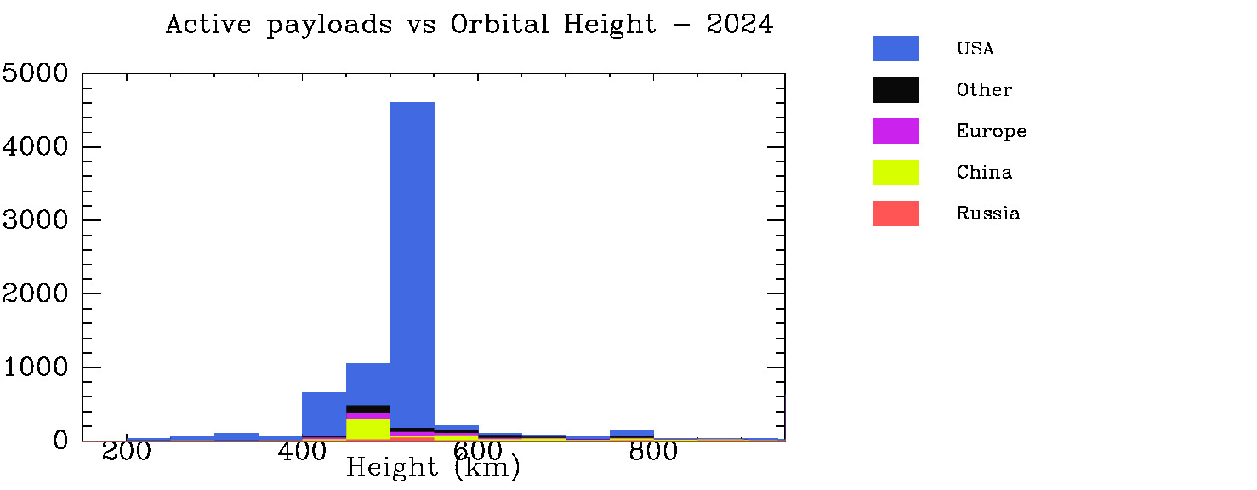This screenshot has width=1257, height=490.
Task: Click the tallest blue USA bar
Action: [412, 255]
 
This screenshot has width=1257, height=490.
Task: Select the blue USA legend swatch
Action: [896, 48]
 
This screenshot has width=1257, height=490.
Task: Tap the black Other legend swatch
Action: [896, 90]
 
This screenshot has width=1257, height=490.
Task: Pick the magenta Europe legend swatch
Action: [896, 131]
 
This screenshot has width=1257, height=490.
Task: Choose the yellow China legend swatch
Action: [896, 172]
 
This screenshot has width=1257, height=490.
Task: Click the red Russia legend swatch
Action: [896, 214]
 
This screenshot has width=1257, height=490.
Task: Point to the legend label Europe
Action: [991, 131]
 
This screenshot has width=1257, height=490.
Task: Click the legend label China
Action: [984, 173]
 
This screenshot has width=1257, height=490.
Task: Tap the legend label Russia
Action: [987, 214]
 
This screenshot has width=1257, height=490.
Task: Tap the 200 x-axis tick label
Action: [127, 452]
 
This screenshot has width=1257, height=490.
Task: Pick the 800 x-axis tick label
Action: [653, 452]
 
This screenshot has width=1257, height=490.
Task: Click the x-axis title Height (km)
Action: [433, 467]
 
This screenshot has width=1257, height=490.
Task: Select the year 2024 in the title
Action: [740, 25]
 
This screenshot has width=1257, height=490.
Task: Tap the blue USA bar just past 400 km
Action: [324, 413]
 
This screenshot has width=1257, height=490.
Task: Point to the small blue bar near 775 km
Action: [632, 434]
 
